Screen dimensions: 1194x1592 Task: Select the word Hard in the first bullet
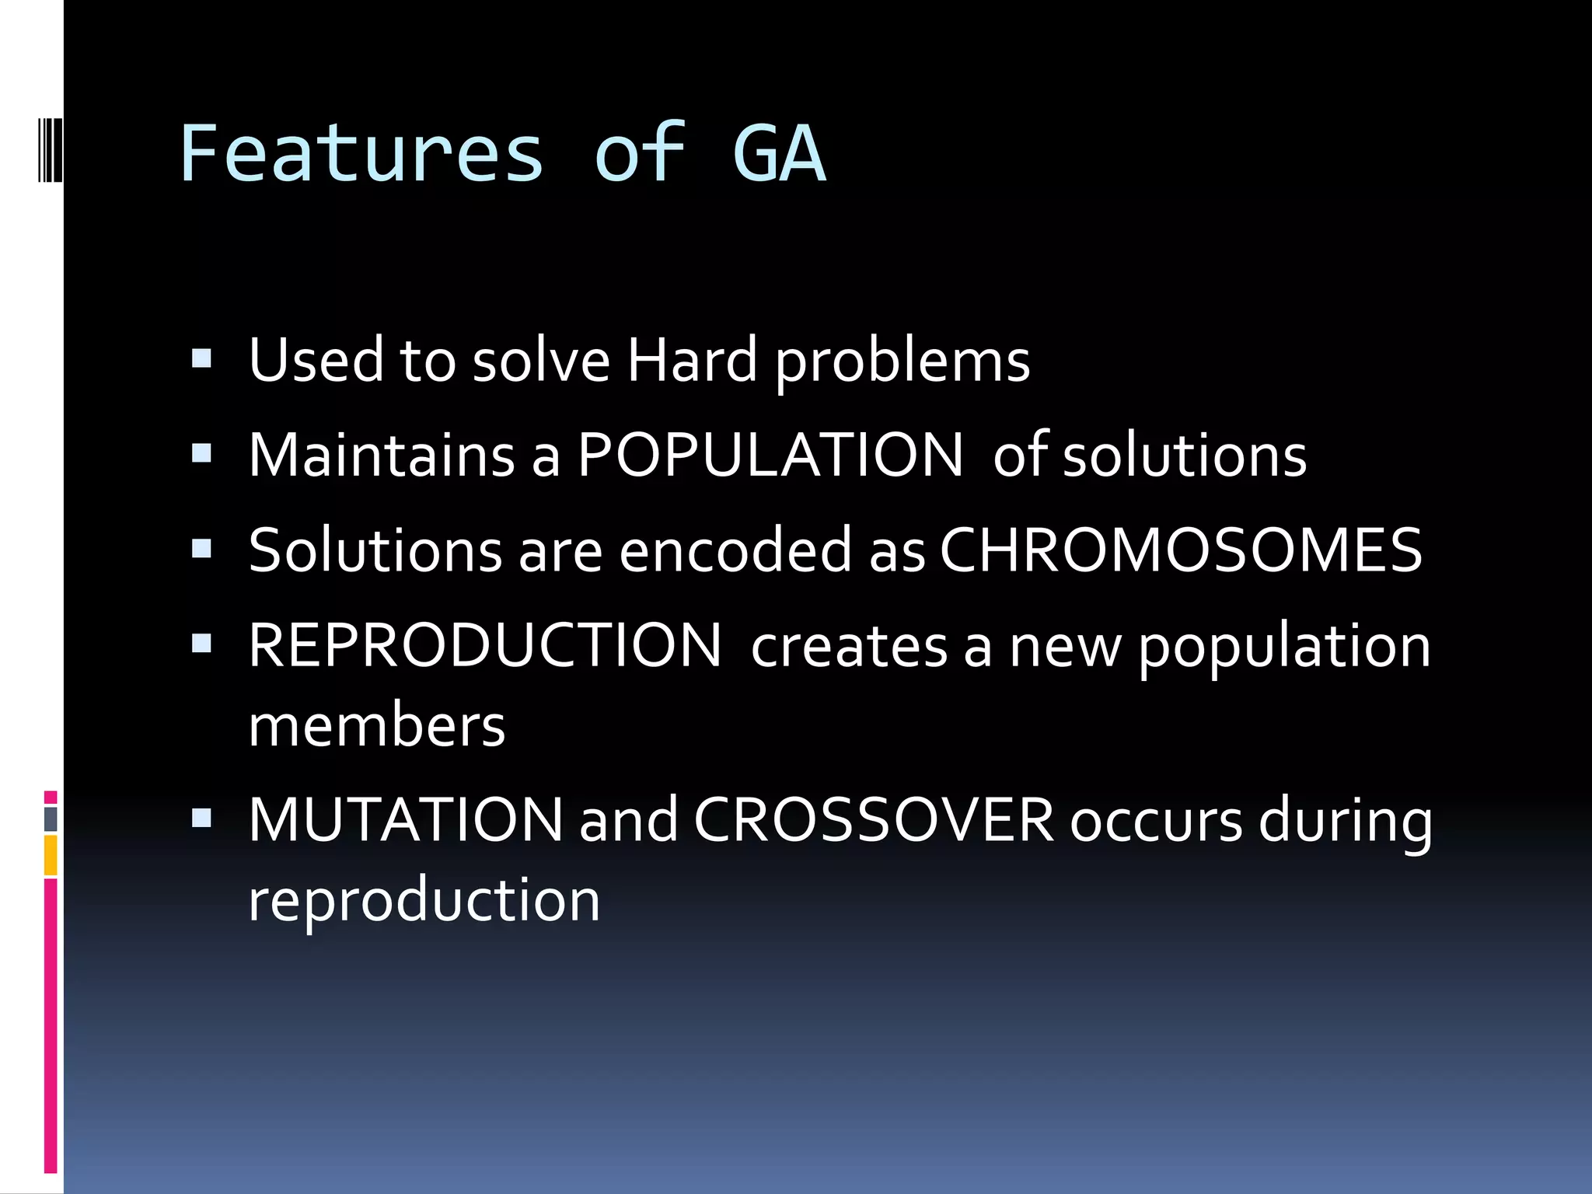click(x=692, y=361)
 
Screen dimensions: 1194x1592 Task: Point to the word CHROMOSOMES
click(x=1181, y=550)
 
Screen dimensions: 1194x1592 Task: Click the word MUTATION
click(x=406, y=819)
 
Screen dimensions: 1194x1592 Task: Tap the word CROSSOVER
click(x=874, y=819)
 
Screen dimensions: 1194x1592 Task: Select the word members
click(x=377, y=725)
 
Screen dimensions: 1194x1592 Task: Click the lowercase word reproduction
click(x=424, y=900)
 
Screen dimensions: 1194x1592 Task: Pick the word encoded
click(x=736, y=550)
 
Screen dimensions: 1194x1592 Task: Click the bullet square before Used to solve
click(x=201, y=358)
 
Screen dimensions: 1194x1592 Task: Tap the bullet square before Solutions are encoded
click(x=201, y=549)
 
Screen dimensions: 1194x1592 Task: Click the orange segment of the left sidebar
click(x=51, y=855)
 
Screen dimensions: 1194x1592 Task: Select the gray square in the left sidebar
click(x=51, y=819)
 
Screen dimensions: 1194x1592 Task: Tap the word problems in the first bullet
click(x=902, y=362)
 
